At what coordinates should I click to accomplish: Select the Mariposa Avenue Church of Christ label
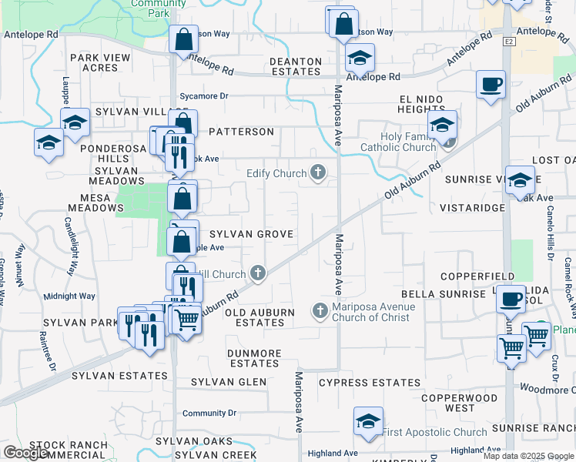(x=373, y=312)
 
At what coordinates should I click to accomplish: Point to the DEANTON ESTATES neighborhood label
(x=295, y=66)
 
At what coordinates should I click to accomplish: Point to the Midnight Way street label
(x=69, y=296)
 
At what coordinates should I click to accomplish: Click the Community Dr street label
(x=204, y=413)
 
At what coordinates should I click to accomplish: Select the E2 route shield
(x=510, y=42)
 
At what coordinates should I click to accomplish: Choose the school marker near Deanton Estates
(x=359, y=58)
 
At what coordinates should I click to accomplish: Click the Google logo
(x=26, y=453)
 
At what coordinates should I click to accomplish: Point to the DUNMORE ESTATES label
(x=253, y=358)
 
